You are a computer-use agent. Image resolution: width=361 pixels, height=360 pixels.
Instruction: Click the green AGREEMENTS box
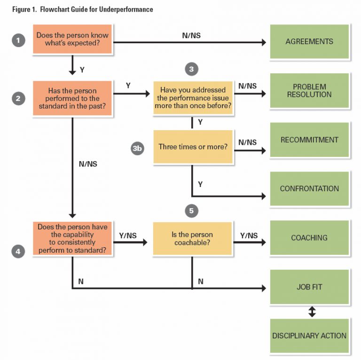(309, 42)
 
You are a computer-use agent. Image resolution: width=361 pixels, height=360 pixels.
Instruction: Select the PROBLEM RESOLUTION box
(309, 91)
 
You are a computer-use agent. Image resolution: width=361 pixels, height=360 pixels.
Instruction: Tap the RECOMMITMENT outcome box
(309, 140)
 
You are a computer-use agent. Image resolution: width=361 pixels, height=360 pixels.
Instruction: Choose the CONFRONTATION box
(309, 188)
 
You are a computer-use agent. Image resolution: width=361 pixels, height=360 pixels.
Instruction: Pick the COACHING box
(309, 238)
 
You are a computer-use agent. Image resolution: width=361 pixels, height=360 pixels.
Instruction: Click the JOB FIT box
(309, 287)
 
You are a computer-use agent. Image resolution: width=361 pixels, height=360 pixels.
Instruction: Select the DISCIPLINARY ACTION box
(309, 336)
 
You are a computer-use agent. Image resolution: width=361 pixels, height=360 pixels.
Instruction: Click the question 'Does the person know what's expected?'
(72, 42)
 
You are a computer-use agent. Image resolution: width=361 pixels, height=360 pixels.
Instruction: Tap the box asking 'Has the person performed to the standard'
(72, 98)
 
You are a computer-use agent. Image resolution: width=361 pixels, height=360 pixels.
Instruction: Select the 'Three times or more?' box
(193, 147)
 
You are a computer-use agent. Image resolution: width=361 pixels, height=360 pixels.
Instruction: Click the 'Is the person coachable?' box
(193, 238)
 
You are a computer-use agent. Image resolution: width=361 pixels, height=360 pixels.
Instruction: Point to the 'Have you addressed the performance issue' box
(193, 97)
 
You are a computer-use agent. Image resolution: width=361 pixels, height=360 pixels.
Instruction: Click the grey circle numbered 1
(18, 41)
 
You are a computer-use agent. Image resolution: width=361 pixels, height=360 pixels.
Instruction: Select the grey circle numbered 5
(191, 211)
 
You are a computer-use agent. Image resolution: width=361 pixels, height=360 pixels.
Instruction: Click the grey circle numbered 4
(18, 251)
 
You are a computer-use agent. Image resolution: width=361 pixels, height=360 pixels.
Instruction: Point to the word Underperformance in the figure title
(127, 9)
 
